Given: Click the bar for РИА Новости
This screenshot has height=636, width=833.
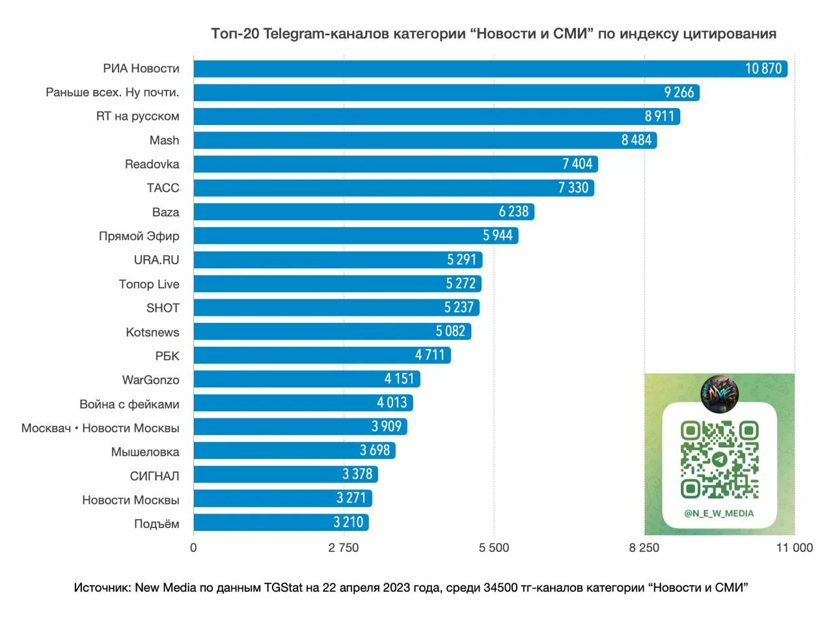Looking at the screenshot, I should tap(456, 68).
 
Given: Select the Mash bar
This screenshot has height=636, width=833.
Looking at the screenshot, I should tap(390, 140).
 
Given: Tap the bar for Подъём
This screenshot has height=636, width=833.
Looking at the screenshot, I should tap(260, 523).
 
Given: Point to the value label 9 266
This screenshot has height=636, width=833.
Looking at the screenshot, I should tap(679, 92).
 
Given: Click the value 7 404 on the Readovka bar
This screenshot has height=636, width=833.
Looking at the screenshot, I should tap(577, 164).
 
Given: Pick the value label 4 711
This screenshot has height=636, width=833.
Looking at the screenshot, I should tap(430, 355).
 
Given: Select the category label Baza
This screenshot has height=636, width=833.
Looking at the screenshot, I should tap(165, 212).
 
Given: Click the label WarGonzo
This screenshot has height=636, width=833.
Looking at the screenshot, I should tap(150, 380).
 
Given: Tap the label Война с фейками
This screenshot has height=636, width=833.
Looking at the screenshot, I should tap(129, 404).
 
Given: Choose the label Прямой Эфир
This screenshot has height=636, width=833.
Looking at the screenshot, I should tap(139, 236).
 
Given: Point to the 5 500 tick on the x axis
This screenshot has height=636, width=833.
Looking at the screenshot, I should tap(494, 548).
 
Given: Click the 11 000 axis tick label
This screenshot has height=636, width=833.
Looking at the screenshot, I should tap(794, 548).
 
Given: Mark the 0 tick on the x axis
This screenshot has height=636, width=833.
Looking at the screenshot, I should tap(193, 548).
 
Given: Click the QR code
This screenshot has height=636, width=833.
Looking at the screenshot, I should tap(719, 460).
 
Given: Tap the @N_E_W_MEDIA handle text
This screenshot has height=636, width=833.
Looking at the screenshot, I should tap(718, 514).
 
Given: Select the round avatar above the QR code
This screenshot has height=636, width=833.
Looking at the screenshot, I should tap(719, 393).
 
